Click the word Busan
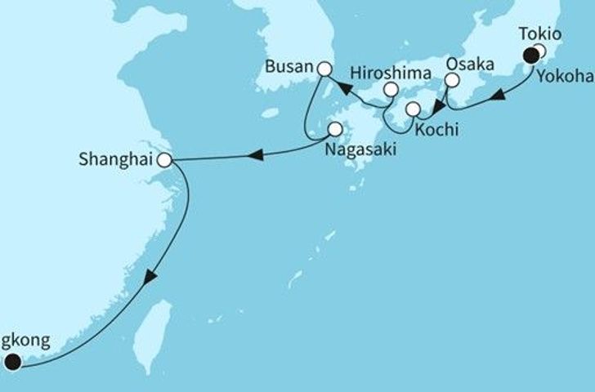[293, 64]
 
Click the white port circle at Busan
[324, 70]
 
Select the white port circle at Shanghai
[165, 160]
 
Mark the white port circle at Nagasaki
[335, 128]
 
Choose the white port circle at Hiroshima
[391, 89]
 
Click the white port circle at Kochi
[414, 109]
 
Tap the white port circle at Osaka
[451, 80]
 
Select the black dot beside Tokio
[531, 56]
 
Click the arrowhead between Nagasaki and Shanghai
[257, 153]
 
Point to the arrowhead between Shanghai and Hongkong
[150, 278]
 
